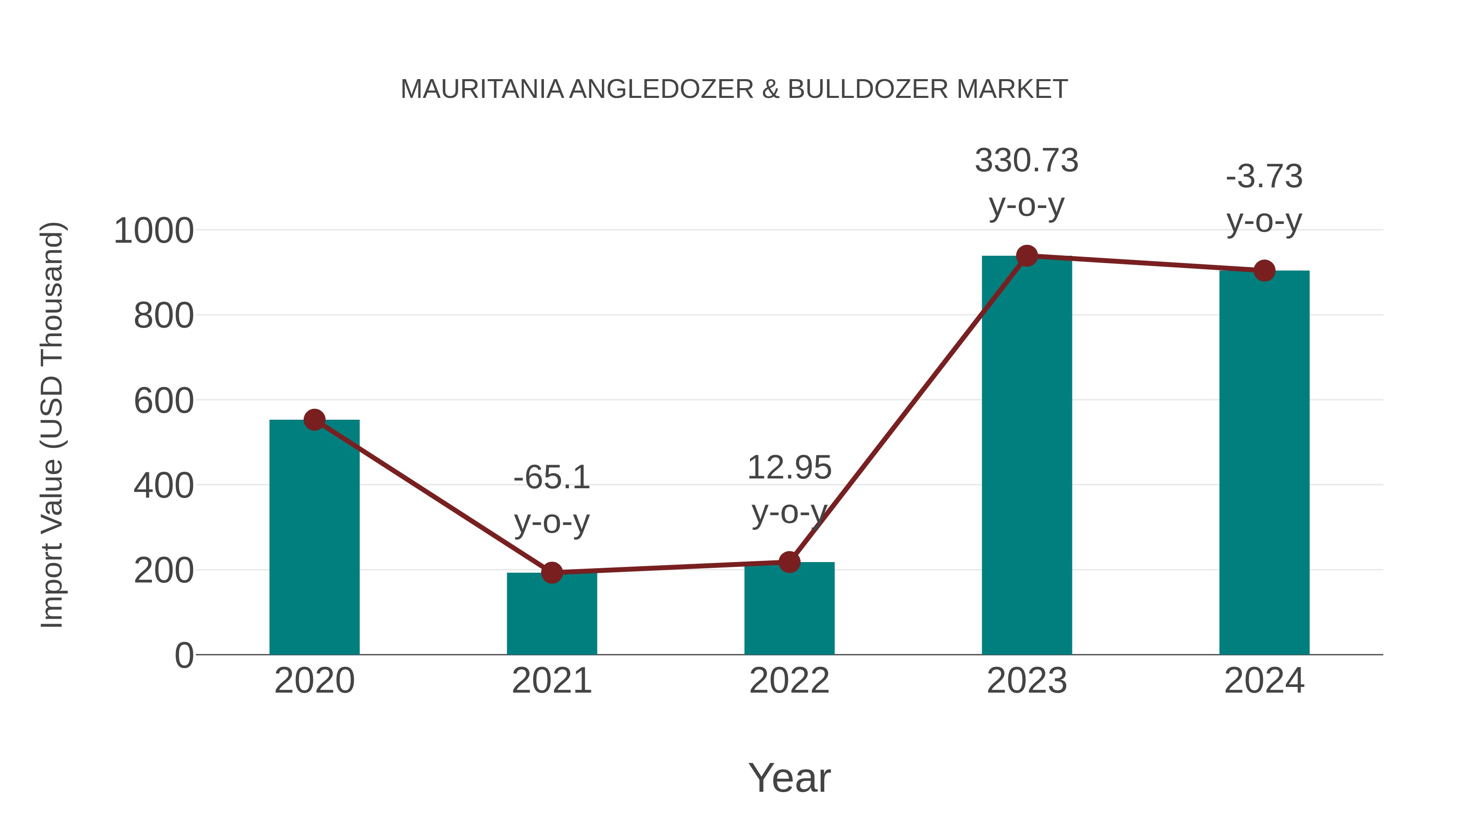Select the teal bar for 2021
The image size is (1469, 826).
click(551, 616)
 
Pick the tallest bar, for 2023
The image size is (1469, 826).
click(1027, 456)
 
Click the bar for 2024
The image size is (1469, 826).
click(1264, 467)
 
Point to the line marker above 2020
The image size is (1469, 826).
click(314, 420)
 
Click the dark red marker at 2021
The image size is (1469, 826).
click(551, 572)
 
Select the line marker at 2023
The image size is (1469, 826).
click(1027, 256)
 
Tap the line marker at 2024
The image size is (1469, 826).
click(1264, 271)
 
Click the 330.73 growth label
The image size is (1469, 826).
click(1027, 161)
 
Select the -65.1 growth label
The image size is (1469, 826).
click(551, 478)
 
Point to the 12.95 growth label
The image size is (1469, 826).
click(789, 468)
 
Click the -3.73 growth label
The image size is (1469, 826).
click(1264, 177)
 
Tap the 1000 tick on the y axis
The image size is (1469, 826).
click(154, 231)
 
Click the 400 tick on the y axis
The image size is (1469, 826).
click(164, 486)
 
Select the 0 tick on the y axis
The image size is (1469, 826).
click(184, 655)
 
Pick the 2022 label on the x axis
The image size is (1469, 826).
click(789, 681)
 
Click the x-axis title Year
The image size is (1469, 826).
click(789, 778)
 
